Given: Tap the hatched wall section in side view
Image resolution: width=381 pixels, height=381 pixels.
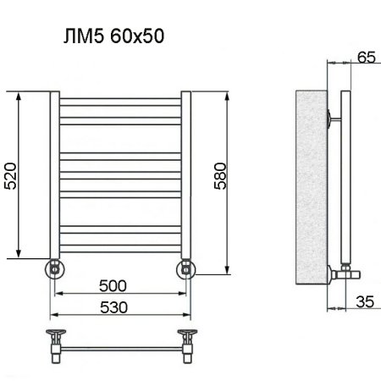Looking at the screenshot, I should [x=309, y=186].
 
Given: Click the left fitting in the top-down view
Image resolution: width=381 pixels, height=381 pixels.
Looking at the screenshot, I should [x=54, y=338].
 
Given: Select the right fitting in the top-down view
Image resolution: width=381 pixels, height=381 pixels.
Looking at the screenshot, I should [x=187, y=338].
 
